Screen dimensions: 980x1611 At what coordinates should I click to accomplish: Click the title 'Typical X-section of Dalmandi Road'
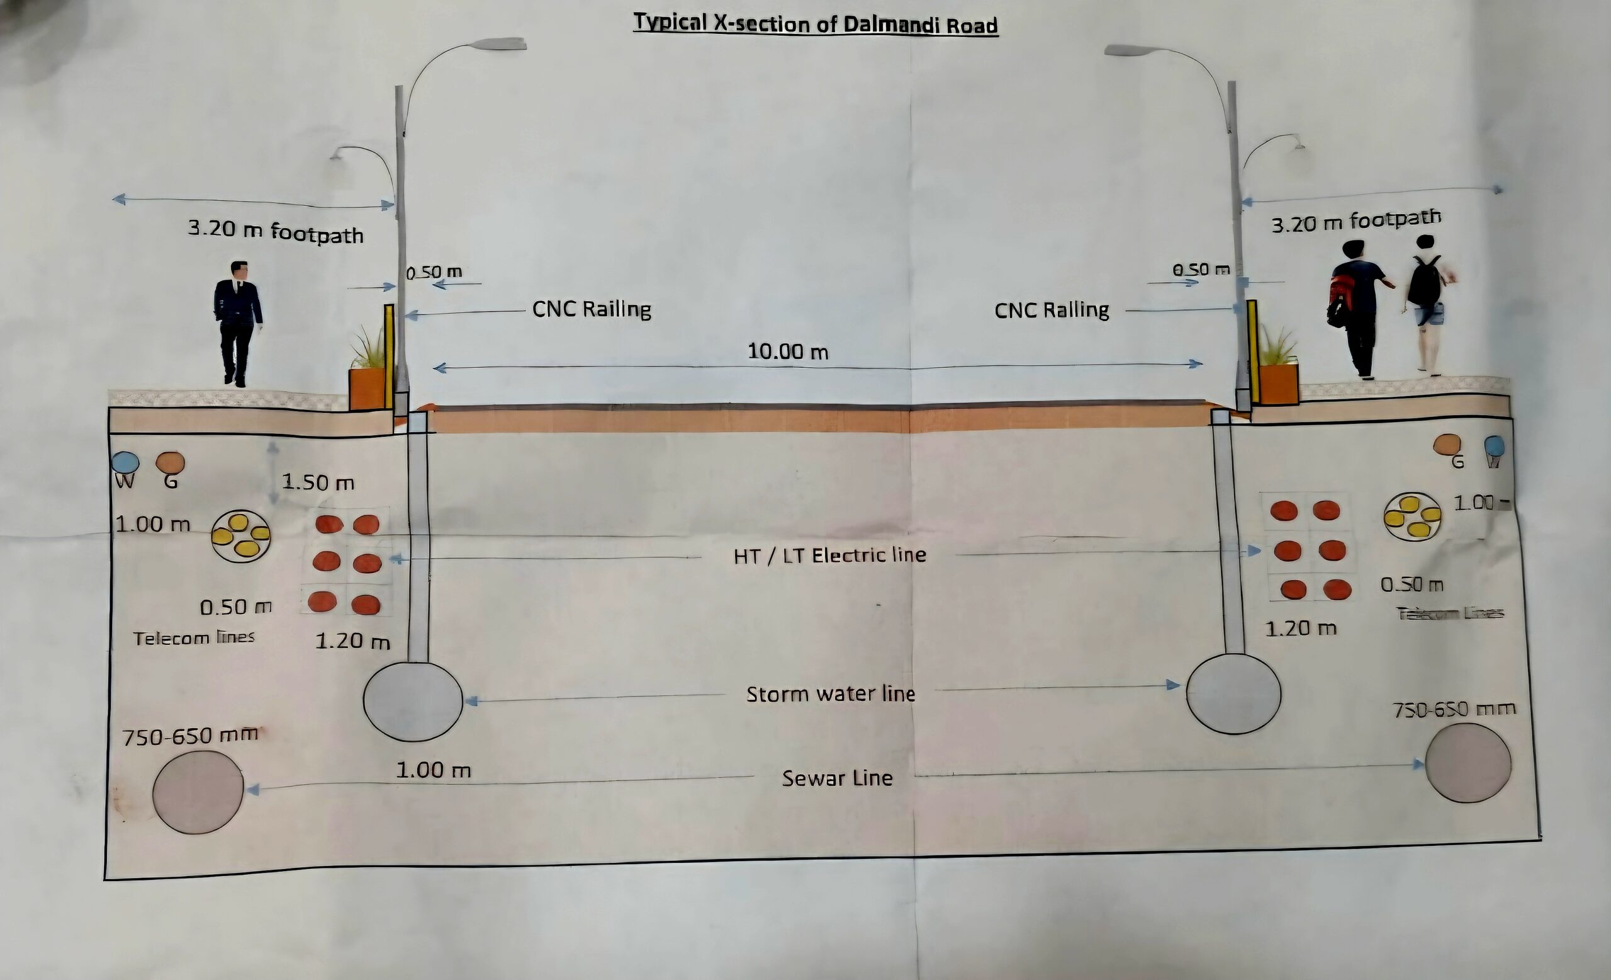click(x=816, y=24)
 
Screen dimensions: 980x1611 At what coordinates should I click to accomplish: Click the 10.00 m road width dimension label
click(x=788, y=352)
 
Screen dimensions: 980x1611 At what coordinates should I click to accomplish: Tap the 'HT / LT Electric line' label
click(x=829, y=556)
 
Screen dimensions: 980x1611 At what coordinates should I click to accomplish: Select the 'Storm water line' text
click(x=830, y=693)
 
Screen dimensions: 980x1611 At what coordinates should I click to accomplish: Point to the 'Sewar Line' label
click(x=837, y=778)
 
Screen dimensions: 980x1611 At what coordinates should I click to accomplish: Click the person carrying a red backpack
click(x=1357, y=307)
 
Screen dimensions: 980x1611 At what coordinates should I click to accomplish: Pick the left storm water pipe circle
click(x=413, y=702)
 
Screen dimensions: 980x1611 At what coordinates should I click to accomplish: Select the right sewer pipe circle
click(x=1468, y=762)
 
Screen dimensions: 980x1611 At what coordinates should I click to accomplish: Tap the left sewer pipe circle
click(x=198, y=792)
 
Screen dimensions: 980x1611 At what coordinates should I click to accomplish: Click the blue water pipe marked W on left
click(x=125, y=462)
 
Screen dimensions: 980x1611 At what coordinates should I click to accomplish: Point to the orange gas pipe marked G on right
click(x=1447, y=445)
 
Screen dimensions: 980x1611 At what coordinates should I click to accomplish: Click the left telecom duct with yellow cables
click(x=240, y=536)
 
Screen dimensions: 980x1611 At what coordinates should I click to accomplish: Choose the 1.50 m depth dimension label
click(x=318, y=483)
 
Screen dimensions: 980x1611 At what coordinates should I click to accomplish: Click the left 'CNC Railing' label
click(x=591, y=309)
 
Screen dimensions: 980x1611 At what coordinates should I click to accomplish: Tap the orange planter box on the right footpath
click(x=1278, y=384)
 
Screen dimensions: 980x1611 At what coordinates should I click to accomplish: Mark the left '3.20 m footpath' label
click(x=275, y=232)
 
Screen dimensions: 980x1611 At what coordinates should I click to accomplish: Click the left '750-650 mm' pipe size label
click(x=190, y=737)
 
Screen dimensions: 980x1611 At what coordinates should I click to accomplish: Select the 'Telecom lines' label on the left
click(x=194, y=637)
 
